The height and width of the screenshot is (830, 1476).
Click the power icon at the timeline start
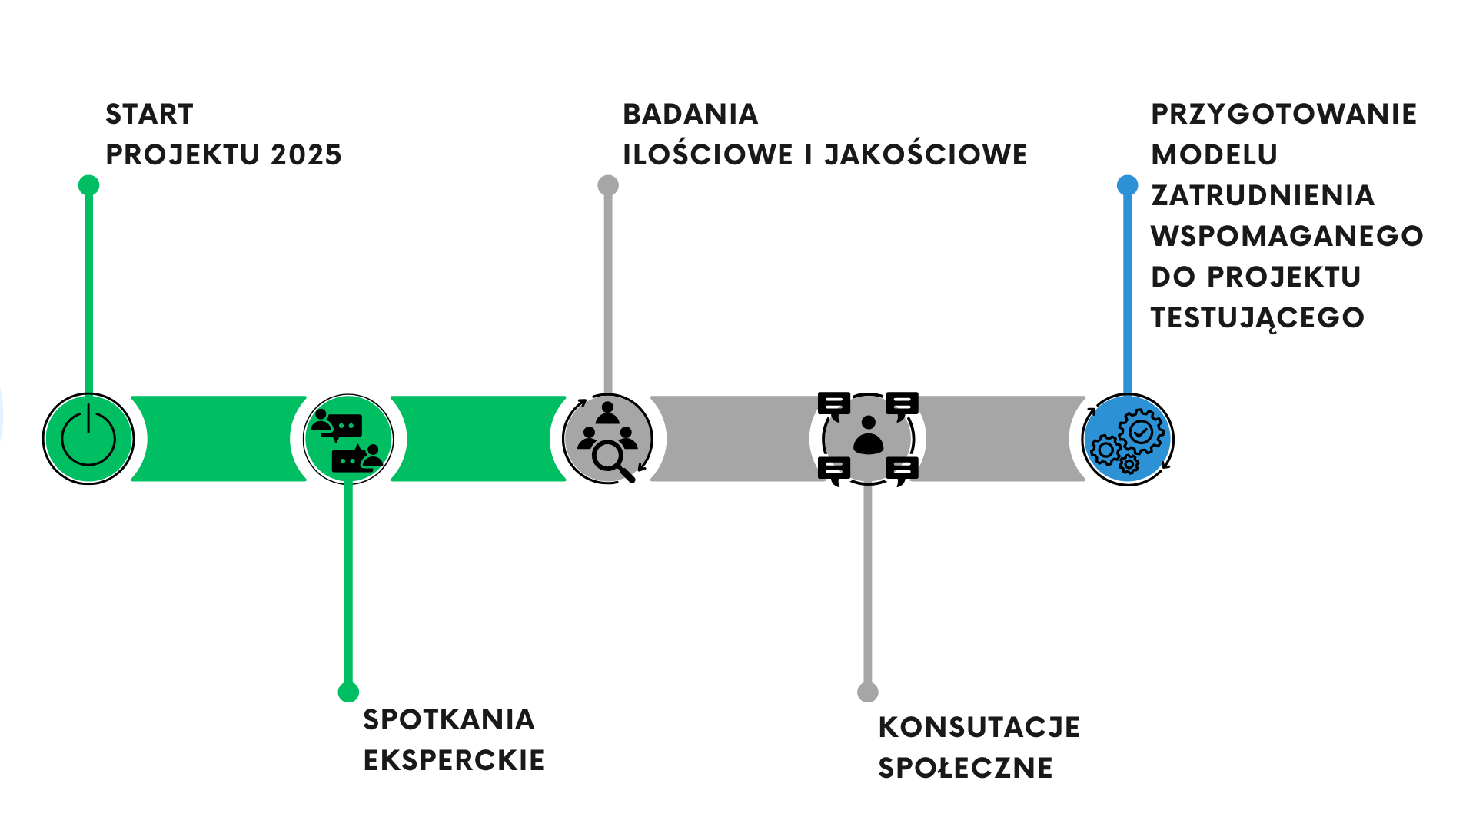88,439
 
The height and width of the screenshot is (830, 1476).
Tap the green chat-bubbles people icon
348,439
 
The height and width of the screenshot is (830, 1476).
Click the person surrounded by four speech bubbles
868,437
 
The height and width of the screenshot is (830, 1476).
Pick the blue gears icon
1128,440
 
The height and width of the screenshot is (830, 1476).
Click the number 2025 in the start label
306,154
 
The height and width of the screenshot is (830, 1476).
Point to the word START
149,114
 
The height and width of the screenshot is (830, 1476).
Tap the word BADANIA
690,114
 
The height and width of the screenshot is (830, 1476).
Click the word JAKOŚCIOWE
926,154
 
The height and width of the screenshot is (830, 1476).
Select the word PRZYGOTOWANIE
1284,114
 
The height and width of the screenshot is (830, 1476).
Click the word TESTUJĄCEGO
1258,317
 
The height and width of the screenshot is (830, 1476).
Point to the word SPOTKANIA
449,719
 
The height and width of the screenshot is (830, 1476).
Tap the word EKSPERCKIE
454,760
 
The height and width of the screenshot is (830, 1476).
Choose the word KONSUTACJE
979,727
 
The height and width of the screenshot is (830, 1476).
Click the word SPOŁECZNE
966,768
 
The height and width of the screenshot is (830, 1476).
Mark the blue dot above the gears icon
1127,185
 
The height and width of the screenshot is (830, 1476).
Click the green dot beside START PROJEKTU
89,185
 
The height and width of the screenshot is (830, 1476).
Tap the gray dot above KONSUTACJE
868,692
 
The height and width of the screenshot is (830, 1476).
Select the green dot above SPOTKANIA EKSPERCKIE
348,692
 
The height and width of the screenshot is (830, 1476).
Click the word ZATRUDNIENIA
1262,195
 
